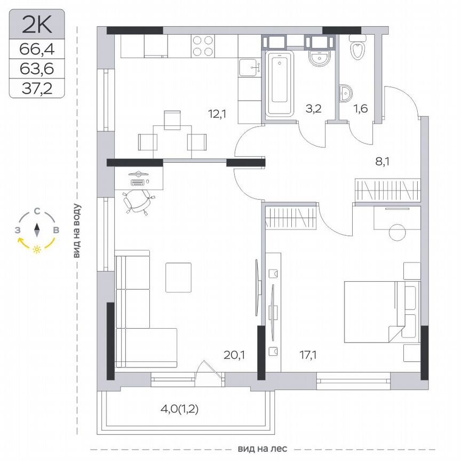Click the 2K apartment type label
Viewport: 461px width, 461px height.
coord(36,25)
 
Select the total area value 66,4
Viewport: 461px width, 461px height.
coord(37,50)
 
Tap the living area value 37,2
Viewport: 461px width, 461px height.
coord(37,88)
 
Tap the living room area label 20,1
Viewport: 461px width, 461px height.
coord(235,353)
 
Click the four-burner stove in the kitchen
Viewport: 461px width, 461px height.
coord(203,46)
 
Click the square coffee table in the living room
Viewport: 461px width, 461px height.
coord(178,277)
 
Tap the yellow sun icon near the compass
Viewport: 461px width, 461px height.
coord(37,249)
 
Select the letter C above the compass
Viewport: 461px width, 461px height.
coord(37,211)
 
